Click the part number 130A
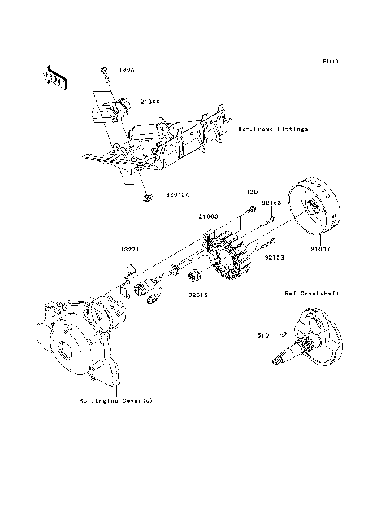click(128, 72)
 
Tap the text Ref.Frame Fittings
click(273, 129)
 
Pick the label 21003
click(209, 216)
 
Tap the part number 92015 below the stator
click(199, 295)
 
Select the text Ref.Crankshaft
click(312, 292)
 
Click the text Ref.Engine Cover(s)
click(115, 400)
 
